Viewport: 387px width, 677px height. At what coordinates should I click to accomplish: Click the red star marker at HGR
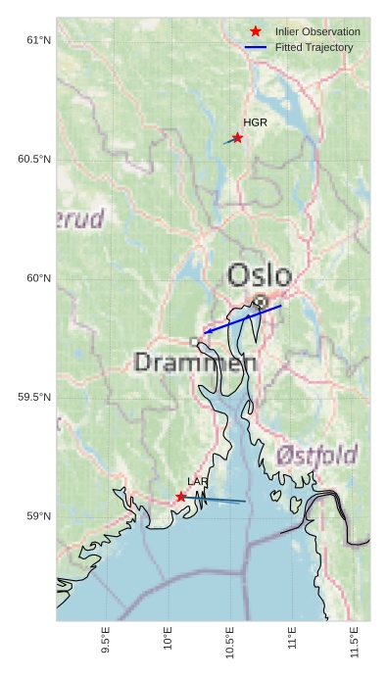237,138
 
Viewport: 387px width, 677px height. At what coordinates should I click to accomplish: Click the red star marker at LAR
181,497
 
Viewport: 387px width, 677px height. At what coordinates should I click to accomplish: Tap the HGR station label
255,122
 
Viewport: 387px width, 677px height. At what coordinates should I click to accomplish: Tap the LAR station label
198,482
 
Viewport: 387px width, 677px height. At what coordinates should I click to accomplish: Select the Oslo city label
260,275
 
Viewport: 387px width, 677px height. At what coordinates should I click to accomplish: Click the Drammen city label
195,363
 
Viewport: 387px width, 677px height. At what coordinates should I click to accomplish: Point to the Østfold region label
316,455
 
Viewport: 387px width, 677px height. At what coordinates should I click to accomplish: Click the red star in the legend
256,32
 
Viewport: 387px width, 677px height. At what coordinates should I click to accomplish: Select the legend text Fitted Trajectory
314,47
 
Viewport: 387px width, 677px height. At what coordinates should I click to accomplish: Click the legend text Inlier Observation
317,32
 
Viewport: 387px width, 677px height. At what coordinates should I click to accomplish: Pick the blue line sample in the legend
256,47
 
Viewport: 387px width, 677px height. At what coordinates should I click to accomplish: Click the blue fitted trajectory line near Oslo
243,319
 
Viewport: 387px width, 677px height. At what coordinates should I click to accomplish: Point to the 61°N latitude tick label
38,40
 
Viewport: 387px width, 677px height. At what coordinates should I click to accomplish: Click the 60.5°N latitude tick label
34,159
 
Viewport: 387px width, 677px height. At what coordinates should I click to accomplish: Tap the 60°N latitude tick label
38,278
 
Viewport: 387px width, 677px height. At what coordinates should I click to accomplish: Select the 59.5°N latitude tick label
34,397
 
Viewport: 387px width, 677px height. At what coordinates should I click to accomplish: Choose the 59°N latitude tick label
38,516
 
